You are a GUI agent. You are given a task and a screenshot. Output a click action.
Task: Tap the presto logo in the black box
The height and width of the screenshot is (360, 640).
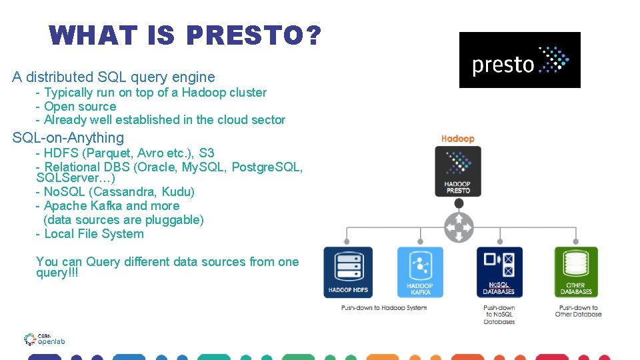pos(519,60)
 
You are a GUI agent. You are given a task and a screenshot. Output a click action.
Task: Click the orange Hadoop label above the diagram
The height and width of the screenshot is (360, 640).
pos(457,139)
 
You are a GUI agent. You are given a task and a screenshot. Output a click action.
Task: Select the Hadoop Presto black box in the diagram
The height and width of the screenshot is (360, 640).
pos(457,171)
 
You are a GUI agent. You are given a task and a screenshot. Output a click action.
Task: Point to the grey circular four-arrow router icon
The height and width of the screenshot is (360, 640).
pos(458,227)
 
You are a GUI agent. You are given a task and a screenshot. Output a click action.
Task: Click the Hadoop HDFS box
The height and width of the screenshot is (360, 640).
pos(348,272)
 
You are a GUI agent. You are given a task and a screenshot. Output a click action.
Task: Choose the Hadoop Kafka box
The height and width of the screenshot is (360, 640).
pos(420,272)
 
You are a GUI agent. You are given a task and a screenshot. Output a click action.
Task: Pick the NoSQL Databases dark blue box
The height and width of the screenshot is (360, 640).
pos(499,272)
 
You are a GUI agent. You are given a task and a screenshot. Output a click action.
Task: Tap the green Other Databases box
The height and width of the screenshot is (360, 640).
pos(576,272)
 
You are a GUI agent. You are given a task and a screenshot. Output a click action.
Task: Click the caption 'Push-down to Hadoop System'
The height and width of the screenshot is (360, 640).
pos(383,307)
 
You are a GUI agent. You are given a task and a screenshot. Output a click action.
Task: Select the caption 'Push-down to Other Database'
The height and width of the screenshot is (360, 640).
pos(578,311)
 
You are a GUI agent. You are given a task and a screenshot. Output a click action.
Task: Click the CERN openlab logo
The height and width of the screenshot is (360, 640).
pos(44,339)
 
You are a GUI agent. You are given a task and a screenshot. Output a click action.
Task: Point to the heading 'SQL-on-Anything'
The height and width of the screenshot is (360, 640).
pos(68,138)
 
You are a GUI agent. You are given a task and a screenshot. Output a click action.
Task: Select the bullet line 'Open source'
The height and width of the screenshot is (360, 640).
pos(79,107)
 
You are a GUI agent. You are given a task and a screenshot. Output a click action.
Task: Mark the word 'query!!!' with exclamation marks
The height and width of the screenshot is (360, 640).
pos(57,273)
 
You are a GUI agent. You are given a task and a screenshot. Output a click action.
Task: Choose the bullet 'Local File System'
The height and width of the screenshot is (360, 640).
pos(93,234)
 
